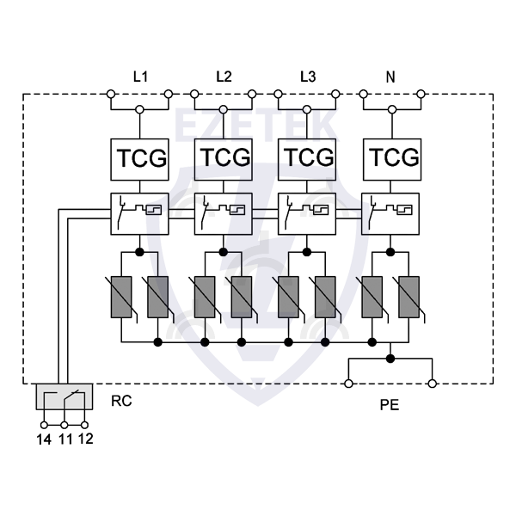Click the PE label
pos(390,402)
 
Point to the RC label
pos(121,401)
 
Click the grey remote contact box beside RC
pos(64,398)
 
